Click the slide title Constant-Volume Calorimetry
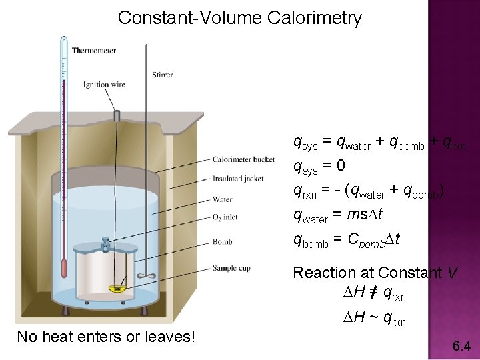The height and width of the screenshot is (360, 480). [x=239, y=17]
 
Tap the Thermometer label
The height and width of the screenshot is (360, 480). [x=93, y=51]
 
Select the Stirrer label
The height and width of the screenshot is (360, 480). [x=162, y=75]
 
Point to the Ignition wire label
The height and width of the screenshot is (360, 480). [x=104, y=85]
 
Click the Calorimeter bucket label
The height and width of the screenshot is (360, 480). [x=243, y=159]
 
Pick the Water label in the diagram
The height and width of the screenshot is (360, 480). [x=222, y=199]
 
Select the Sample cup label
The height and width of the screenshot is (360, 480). [x=231, y=268]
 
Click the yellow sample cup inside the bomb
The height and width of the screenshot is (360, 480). [x=118, y=288]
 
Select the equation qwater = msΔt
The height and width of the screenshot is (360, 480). [x=337, y=215]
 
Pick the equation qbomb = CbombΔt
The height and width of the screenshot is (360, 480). [x=347, y=239]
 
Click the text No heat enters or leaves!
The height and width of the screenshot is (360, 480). [x=106, y=337]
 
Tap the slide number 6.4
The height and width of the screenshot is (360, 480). [x=461, y=345]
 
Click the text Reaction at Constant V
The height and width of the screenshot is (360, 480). [x=375, y=272]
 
